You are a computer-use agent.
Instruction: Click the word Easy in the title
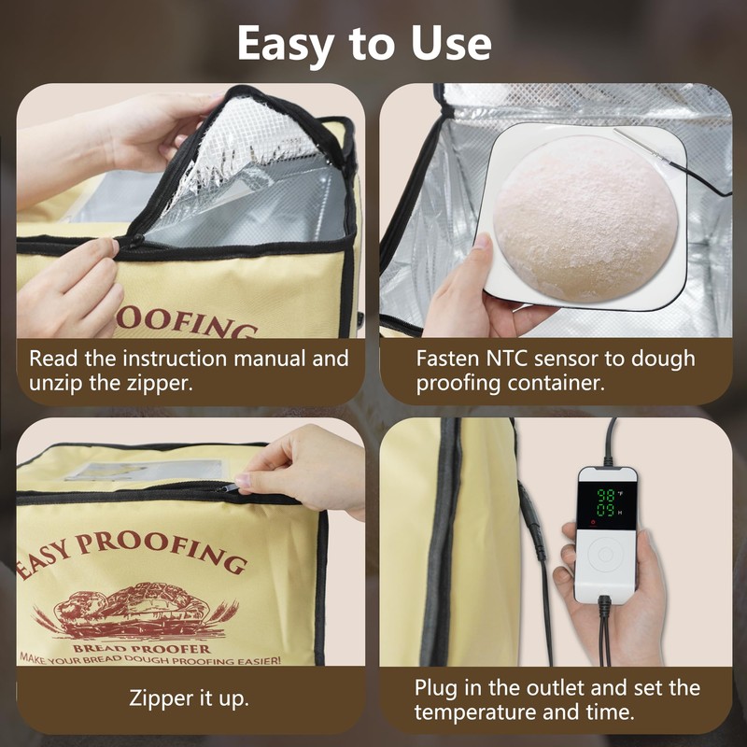285,44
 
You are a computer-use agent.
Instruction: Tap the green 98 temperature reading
606,496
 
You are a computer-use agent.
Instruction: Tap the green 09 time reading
606,511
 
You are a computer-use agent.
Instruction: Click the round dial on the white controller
605,555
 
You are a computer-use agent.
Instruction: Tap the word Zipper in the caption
161,699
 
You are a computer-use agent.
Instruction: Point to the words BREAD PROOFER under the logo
142,648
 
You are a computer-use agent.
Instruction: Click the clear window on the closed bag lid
146,470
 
